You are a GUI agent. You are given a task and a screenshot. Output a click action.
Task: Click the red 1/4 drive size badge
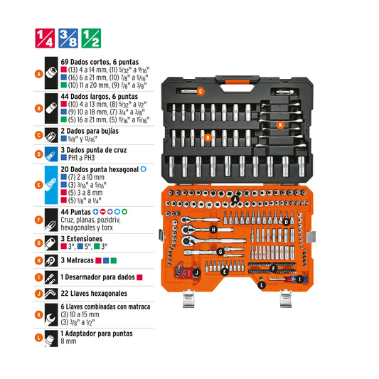coord(45,38)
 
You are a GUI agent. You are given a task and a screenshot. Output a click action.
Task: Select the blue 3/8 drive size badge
coord(68,38)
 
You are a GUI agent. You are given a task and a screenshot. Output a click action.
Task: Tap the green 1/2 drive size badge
coord(91,38)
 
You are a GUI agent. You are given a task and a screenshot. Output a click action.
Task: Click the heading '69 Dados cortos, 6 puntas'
coord(100,62)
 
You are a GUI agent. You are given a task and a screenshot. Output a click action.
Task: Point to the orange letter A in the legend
coord(38,74)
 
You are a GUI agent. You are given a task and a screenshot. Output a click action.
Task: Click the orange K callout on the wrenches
coord(280,125)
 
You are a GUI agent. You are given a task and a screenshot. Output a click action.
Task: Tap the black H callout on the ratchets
coord(213,230)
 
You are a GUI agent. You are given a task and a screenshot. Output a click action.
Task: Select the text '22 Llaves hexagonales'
coord(94,294)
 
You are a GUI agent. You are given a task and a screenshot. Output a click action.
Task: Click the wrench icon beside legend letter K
coord(51,315)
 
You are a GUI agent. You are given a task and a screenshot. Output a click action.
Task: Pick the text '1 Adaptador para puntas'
coord(97,333)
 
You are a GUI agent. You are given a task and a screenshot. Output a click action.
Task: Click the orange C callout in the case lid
coord(201,91)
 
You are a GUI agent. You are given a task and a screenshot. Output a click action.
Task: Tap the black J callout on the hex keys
coord(197,273)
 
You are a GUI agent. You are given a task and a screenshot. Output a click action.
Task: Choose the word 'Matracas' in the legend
coord(80,260)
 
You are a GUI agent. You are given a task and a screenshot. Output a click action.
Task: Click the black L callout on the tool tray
coord(262,285)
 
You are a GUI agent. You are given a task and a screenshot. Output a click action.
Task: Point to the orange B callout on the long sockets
coord(208,137)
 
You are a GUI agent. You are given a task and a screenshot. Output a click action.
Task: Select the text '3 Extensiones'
coord(82,239)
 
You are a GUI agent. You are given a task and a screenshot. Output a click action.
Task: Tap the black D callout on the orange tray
coord(286,222)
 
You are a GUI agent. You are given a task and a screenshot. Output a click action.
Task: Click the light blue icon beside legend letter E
coord(51,185)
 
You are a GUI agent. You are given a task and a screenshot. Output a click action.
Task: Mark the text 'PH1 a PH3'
coord(81,158)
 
